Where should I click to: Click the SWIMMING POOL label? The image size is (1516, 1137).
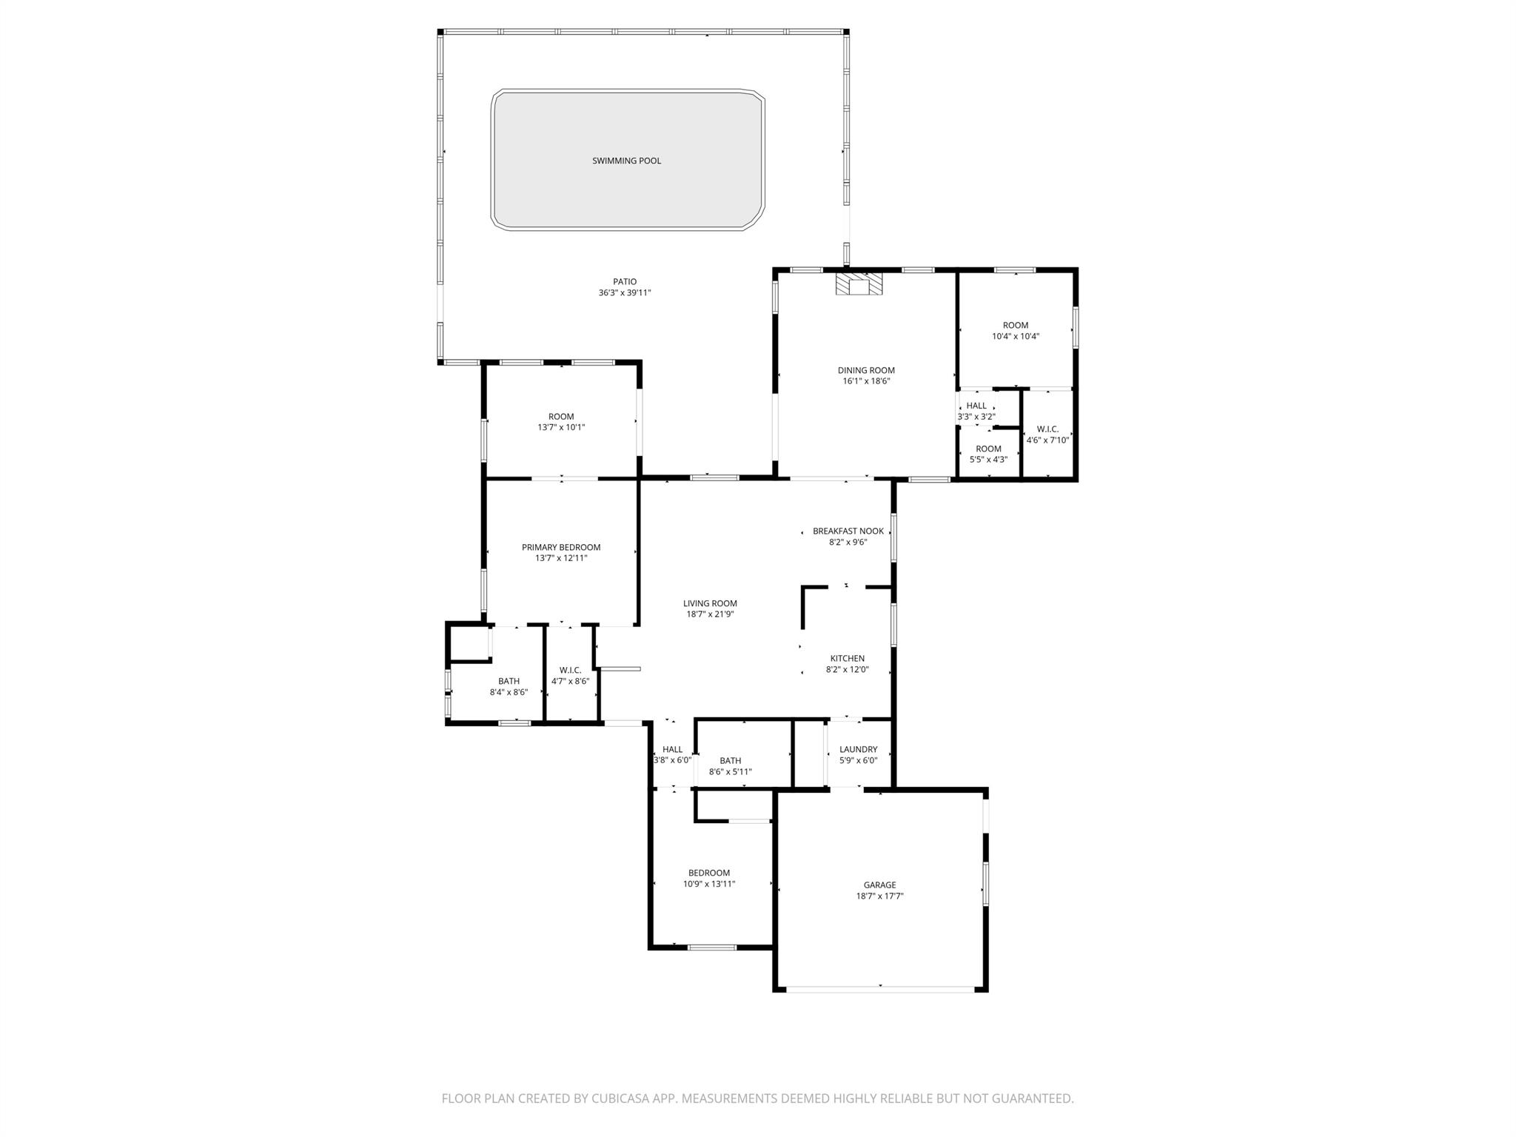[626, 161]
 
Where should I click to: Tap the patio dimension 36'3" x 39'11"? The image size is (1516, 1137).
[625, 292]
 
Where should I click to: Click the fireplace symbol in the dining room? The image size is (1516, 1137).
[859, 284]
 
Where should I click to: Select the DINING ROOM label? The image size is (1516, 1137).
[866, 370]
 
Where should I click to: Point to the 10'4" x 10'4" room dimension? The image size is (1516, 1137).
[1016, 336]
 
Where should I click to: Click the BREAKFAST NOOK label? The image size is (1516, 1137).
[848, 531]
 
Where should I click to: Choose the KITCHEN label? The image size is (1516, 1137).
[848, 658]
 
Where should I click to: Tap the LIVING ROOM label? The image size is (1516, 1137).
[710, 603]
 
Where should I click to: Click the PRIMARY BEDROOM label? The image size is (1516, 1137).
[561, 547]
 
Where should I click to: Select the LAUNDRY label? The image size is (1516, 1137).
[859, 749]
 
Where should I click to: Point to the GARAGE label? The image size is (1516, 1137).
[880, 885]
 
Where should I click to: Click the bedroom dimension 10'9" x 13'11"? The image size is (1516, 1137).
[709, 884]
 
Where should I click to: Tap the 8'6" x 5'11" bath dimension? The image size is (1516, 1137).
[731, 771]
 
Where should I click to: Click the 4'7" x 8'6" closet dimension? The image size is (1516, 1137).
[571, 681]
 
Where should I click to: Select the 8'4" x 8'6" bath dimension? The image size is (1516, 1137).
[509, 692]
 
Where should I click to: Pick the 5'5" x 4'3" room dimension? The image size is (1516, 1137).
[988, 460]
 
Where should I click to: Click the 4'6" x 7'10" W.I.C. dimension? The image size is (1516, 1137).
[1047, 440]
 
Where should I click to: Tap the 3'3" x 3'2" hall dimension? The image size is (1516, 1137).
[976, 417]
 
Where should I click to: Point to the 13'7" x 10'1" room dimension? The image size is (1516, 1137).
[561, 427]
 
